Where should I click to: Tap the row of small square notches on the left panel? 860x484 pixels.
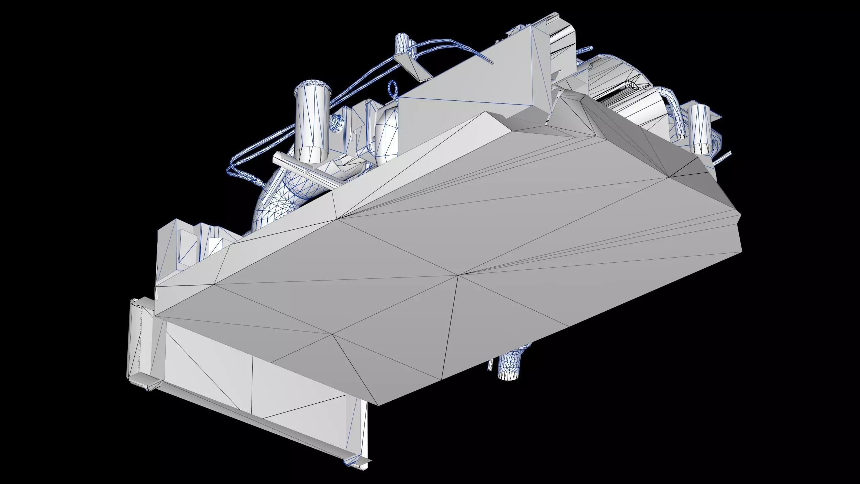tap(140, 339)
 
